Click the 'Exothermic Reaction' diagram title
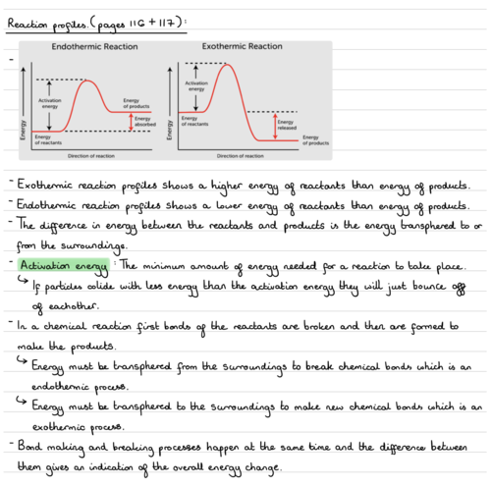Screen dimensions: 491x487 (x=242, y=46)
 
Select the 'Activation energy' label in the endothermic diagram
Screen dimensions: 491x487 (x=49, y=104)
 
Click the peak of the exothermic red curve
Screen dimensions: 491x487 (x=229, y=65)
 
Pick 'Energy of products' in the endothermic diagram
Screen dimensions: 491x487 (x=136, y=102)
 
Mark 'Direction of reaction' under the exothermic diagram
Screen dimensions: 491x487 (x=241, y=155)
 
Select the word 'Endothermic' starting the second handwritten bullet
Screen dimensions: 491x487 (x=48, y=206)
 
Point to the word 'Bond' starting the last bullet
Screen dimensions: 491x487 (x=28, y=447)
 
